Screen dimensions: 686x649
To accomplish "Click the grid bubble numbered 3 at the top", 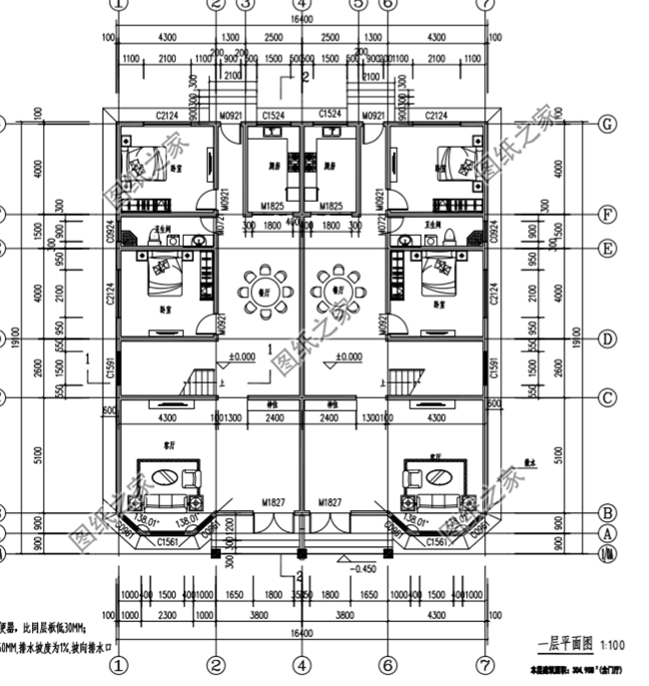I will point(246,4).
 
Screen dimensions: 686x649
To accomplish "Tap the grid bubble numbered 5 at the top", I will point(357,4).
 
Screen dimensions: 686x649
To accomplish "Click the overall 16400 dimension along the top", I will point(302,19).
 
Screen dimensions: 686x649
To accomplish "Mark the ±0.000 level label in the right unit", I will point(348,356).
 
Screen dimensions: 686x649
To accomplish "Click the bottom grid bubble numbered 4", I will point(302,663).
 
